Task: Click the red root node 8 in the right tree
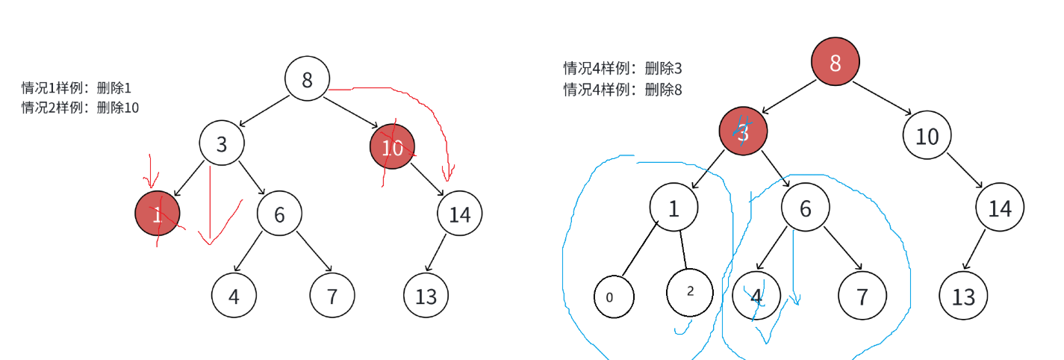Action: click(835, 63)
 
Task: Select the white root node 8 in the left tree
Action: click(307, 78)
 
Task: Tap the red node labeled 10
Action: click(392, 147)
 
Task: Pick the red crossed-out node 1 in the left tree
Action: click(158, 214)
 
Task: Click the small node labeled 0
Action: click(614, 297)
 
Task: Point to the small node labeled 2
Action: click(689, 291)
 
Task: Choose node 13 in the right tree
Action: click(963, 297)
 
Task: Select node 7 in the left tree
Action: click(332, 296)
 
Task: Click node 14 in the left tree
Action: click(459, 214)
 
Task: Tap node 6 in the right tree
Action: click(805, 207)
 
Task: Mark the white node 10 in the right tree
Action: click(926, 136)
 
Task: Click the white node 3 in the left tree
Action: click(222, 143)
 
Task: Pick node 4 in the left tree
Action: click(234, 296)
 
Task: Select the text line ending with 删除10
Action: click(80, 108)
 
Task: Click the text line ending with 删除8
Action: click(623, 90)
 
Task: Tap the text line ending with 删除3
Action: click(623, 69)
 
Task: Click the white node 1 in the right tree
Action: click(673, 207)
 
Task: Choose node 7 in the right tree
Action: click(862, 297)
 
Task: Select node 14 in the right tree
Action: click(999, 207)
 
